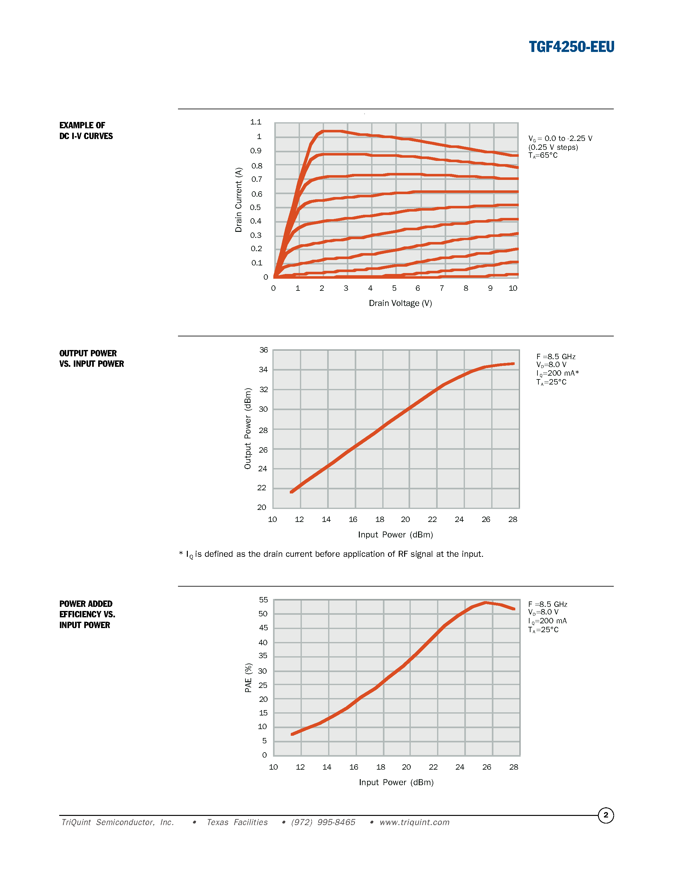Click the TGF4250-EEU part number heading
(571, 47)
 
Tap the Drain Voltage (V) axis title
(400, 303)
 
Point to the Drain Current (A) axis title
(238, 200)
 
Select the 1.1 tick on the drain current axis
(256, 122)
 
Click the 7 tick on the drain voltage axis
(442, 288)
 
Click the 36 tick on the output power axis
(263, 350)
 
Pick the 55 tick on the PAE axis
(263, 600)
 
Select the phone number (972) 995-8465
(323, 822)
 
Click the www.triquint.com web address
(414, 822)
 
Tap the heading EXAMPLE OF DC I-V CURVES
(86, 130)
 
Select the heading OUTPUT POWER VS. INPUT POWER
(91, 359)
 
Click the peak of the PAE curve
(485, 603)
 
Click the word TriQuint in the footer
(76, 822)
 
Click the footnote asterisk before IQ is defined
(181, 553)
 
